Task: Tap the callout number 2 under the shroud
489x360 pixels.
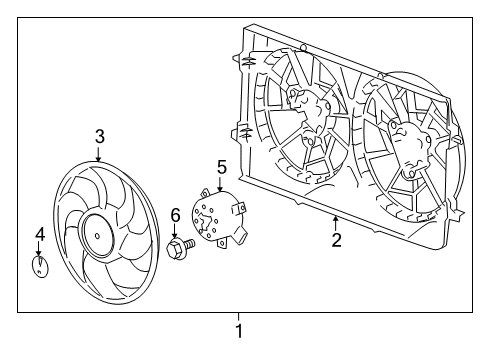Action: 336,239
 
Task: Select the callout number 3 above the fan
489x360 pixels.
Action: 99,136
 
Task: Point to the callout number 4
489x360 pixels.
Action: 39,235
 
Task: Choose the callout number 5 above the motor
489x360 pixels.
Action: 222,166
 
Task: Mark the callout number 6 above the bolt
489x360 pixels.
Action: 174,214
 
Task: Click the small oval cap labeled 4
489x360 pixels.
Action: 39,267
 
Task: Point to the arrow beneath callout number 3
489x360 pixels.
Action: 99,156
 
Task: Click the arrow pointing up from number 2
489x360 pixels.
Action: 336,221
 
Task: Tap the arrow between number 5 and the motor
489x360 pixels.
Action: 221,184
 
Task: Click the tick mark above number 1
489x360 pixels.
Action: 238,316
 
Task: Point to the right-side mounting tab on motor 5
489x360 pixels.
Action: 241,209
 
